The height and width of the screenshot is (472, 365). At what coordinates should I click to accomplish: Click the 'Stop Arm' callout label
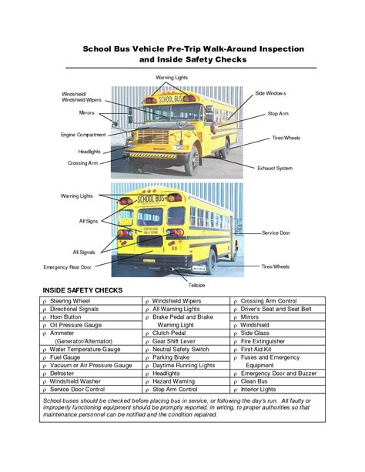pyautogui.click(x=277, y=113)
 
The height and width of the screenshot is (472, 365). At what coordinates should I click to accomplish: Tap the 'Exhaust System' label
pyautogui.click(x=274, y=167)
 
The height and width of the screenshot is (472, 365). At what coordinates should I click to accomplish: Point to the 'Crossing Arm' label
pyautogui.click(x=82, y=163)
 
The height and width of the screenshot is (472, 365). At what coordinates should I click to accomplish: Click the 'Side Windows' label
pyautogui.click(x=270, y=93)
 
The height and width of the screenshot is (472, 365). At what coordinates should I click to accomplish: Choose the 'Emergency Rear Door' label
pyautogui.click(x=68, y=266)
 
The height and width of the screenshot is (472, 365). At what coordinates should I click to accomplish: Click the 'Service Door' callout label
pyautogui.click(x=276, y=232)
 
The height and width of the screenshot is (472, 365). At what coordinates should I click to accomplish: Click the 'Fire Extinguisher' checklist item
pyautogui.click(x=267, y=340)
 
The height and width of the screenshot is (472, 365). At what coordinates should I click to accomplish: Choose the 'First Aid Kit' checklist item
pyautogui.click(x=257, y=349)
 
